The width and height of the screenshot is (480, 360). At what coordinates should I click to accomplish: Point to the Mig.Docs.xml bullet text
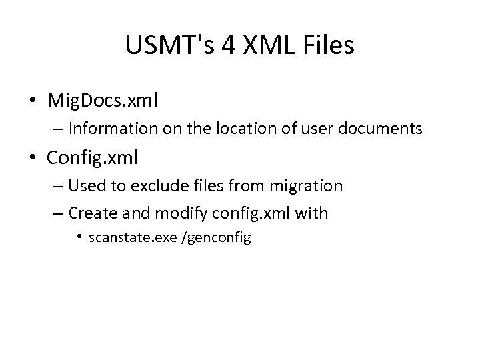coord(103,101)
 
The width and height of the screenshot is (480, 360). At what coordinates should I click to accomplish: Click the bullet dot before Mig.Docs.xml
coord(33,101)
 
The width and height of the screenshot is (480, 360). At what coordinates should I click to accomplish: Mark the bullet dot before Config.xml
coord(33,159)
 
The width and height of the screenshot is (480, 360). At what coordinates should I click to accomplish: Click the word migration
coord(311,186)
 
